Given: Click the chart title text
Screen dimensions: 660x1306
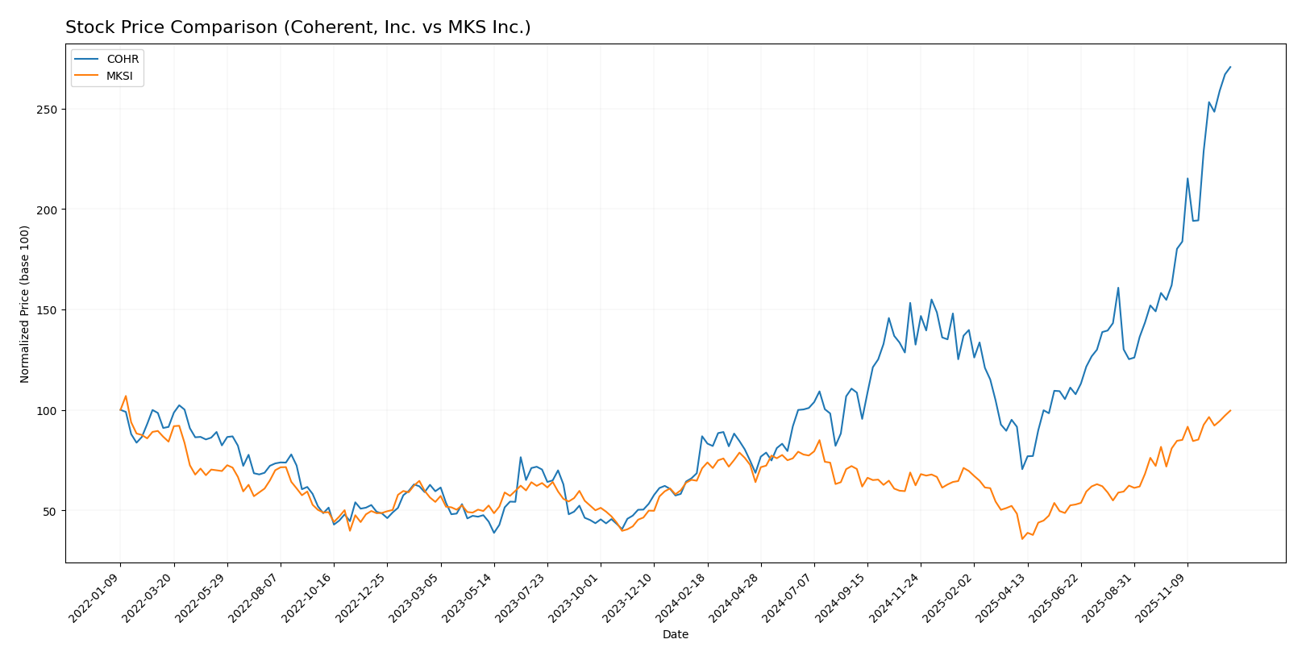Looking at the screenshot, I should pos(297,27).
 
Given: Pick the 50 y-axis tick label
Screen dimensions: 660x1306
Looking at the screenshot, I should pos(50,511).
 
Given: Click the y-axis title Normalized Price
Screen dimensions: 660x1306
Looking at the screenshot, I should pos(25,304).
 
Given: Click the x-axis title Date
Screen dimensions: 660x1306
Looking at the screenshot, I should pos(675,635).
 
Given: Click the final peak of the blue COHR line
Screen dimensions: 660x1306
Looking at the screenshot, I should pos(1230,67).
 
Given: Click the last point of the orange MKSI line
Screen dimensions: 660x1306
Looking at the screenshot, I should pos(1230,410).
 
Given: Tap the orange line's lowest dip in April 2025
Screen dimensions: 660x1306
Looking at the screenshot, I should pos(1022,538).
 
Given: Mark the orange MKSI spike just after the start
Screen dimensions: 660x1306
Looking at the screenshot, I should pos(126,396).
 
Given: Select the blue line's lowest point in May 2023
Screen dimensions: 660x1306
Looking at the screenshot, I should pos(494,533).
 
